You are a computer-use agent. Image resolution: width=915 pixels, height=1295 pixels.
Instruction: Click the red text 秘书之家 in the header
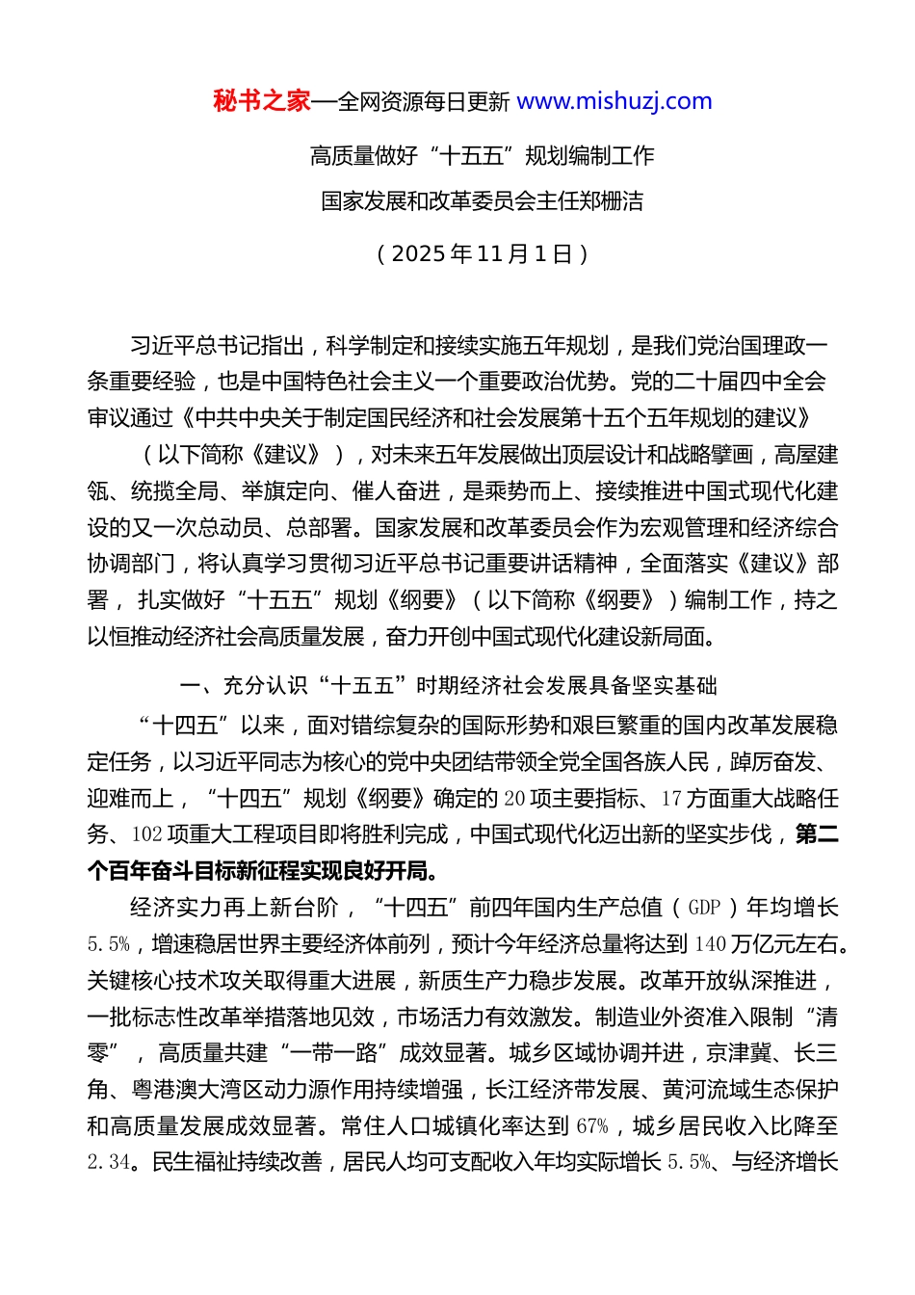point(262,101)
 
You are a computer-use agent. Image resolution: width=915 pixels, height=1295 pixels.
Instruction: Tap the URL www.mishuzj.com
point(614,101)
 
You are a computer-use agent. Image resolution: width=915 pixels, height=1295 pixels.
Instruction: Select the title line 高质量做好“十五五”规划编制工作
point(482,155)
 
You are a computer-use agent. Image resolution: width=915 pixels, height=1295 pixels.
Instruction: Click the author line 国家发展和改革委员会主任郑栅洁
point(482,201)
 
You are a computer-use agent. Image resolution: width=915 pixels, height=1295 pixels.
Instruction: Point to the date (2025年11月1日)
point(482,253)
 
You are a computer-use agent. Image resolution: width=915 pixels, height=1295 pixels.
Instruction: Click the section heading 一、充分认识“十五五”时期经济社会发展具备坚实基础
point(448,686)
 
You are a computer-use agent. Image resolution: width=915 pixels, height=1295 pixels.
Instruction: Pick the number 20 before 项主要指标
point(514,799)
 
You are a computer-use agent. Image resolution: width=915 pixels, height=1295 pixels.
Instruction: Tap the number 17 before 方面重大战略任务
point(671,799)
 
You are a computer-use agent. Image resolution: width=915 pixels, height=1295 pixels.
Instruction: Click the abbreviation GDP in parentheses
point(704,908)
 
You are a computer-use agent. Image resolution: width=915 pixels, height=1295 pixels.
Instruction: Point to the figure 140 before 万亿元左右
point(709,944)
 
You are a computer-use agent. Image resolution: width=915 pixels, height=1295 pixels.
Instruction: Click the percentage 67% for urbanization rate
point(592,1126)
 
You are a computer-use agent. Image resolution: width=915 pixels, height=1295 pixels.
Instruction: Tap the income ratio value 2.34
point(108,1163)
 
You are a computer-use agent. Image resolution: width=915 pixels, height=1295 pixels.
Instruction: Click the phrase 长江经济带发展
point(562,1090)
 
